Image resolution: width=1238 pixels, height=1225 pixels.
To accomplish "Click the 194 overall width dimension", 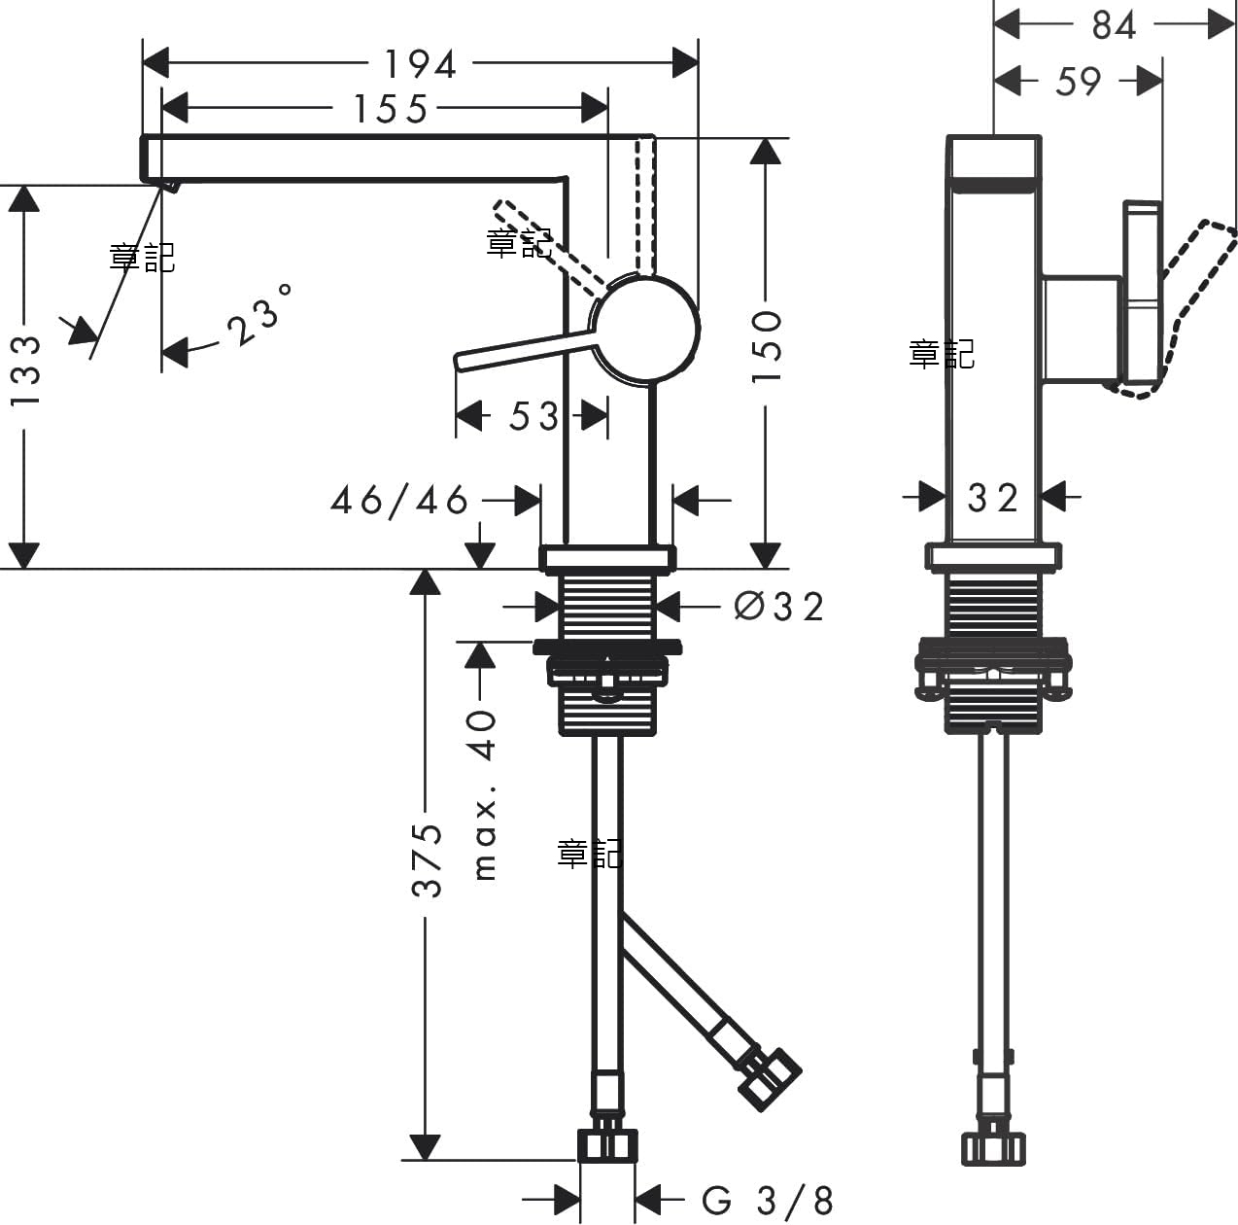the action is pyautogui.click(x=420, y=64).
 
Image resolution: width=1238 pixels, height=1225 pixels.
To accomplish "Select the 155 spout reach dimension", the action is pyautogui.click(x=391, y=109).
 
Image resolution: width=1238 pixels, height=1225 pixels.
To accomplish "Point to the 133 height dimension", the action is pyautogui.click(x=25, y=370).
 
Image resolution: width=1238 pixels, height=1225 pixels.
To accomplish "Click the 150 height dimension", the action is pyautogui.click(x=767, y=347).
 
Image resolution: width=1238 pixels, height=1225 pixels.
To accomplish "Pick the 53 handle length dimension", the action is pyautogui.click(x=533, y=416).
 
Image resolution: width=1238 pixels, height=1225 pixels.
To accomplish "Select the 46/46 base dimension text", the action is pyautogui.click(x=399, y=501).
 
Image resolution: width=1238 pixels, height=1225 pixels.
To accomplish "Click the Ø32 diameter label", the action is pyautogui.click(x=778, y=607).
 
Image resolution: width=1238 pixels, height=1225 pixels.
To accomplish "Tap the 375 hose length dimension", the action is pyautogui.click(x=427, y=860).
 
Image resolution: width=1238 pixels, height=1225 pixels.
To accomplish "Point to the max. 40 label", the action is pyautogui.click(x=484, y=795).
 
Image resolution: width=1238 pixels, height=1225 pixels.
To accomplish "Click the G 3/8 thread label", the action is pyautogui.click(x=768, y=1201).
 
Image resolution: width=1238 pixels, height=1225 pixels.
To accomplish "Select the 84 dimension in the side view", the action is pyautogui.click(x=1114, y=25).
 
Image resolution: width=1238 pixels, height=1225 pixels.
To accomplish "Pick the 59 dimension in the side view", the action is pyautogui.click(x=1079, y=82).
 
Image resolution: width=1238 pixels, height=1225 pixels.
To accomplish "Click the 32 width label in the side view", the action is pyautogui.click(x=993, y=498).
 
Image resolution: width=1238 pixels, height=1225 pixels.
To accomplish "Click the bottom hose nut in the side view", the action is pyautogui.click(x=993, y=1149).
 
